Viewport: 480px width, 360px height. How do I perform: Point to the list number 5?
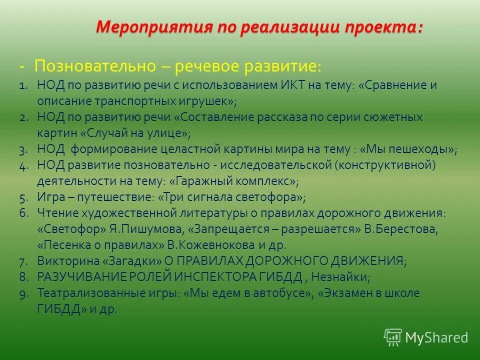23,197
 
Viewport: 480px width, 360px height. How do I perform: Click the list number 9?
23,293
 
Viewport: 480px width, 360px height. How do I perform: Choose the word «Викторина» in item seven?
61,261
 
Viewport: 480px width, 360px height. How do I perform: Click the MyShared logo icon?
392,337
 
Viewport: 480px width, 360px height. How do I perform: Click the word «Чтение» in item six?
53,213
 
